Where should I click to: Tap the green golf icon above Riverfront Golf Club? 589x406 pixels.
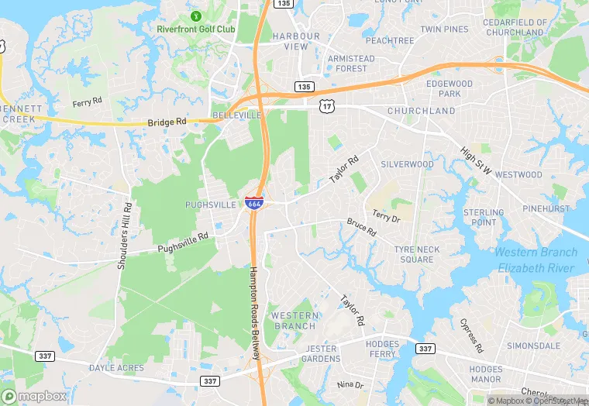pyautogui.click(x=195, y=15)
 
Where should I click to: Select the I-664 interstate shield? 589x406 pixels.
pyautogui.click(x=253, y=203)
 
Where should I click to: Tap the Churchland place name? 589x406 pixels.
pyautogui.click(x=421, y=111)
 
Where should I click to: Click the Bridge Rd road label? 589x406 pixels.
pyautogui.click(x=167, y=122)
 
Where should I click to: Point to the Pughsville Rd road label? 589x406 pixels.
pyautogui.click(x=183, y=244)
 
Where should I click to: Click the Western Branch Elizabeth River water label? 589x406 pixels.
pyautogui.click(x=536, y=260)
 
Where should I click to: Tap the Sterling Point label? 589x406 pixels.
pyautogui.click(x=484, y=217)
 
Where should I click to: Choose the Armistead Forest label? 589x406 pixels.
pyautogui.click(x=351, y=63)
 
